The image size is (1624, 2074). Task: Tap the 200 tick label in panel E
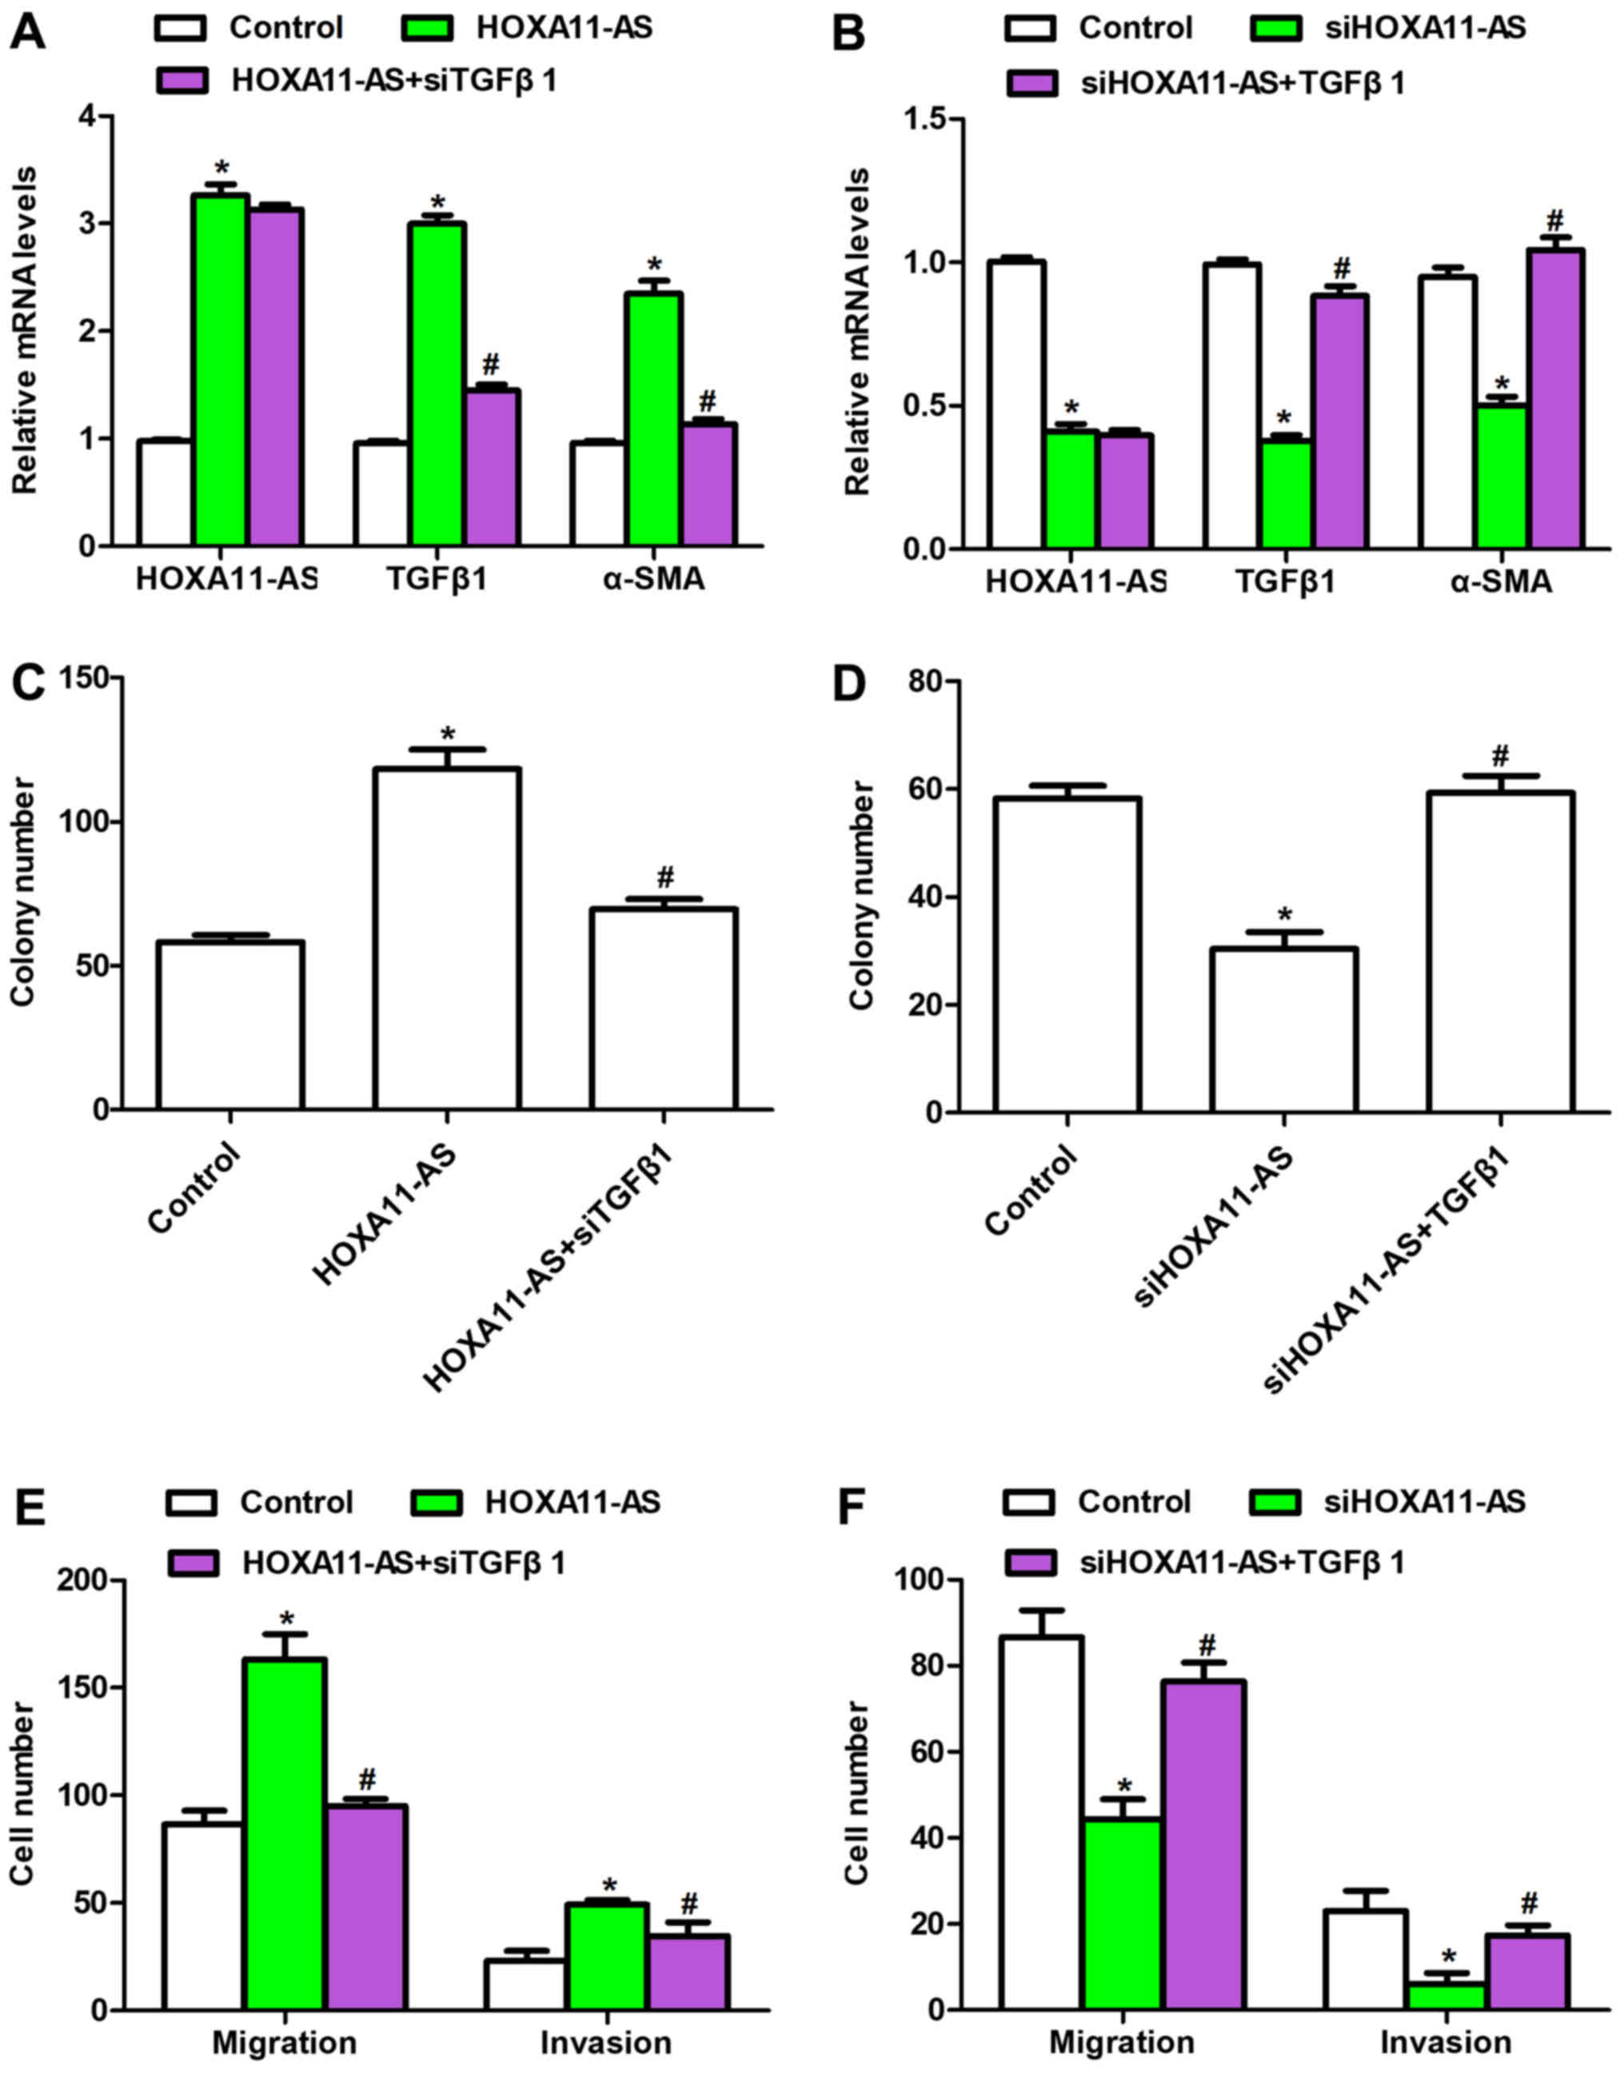[97, 1581]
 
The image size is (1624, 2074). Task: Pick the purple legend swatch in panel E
[193, 1562]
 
